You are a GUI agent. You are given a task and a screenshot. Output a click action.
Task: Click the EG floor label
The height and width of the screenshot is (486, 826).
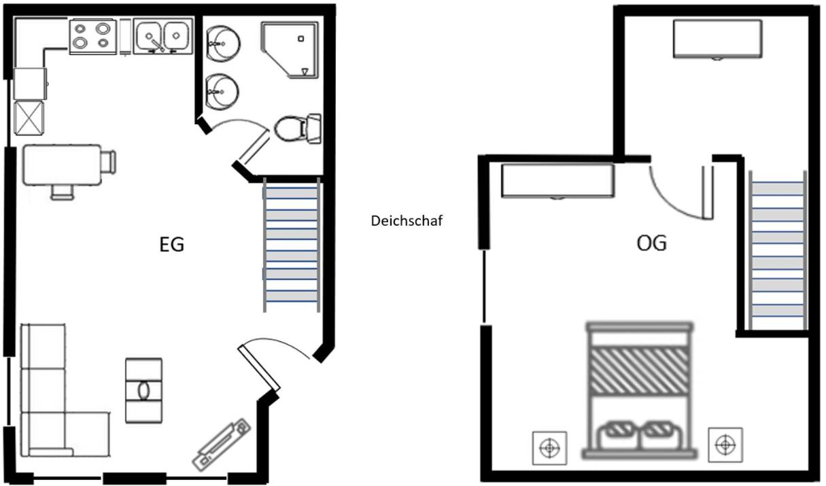(x=171, y=245)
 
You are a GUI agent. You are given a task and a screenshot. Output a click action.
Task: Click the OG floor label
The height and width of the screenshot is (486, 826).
(x=651, y=243)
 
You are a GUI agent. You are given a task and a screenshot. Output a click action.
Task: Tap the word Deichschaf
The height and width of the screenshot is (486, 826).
(x=407, y=221)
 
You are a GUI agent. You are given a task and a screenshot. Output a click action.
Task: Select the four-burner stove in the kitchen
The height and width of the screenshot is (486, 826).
(x=92, y=36)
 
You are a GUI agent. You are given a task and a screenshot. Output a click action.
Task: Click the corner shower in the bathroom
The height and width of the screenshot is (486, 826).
(x=290, y=49)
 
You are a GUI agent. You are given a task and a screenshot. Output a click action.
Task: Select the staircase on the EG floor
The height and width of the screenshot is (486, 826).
(x=291, y=245)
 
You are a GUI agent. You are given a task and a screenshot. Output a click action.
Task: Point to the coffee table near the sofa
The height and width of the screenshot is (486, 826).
(x=143, y=390)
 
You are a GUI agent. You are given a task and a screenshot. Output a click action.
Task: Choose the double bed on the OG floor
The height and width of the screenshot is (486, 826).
(x=640, y=390)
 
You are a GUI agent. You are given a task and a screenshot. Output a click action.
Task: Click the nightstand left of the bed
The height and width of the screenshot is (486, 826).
(x=549, y=447)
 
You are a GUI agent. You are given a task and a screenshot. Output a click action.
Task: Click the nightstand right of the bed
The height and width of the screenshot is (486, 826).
(x=725, y=445)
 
